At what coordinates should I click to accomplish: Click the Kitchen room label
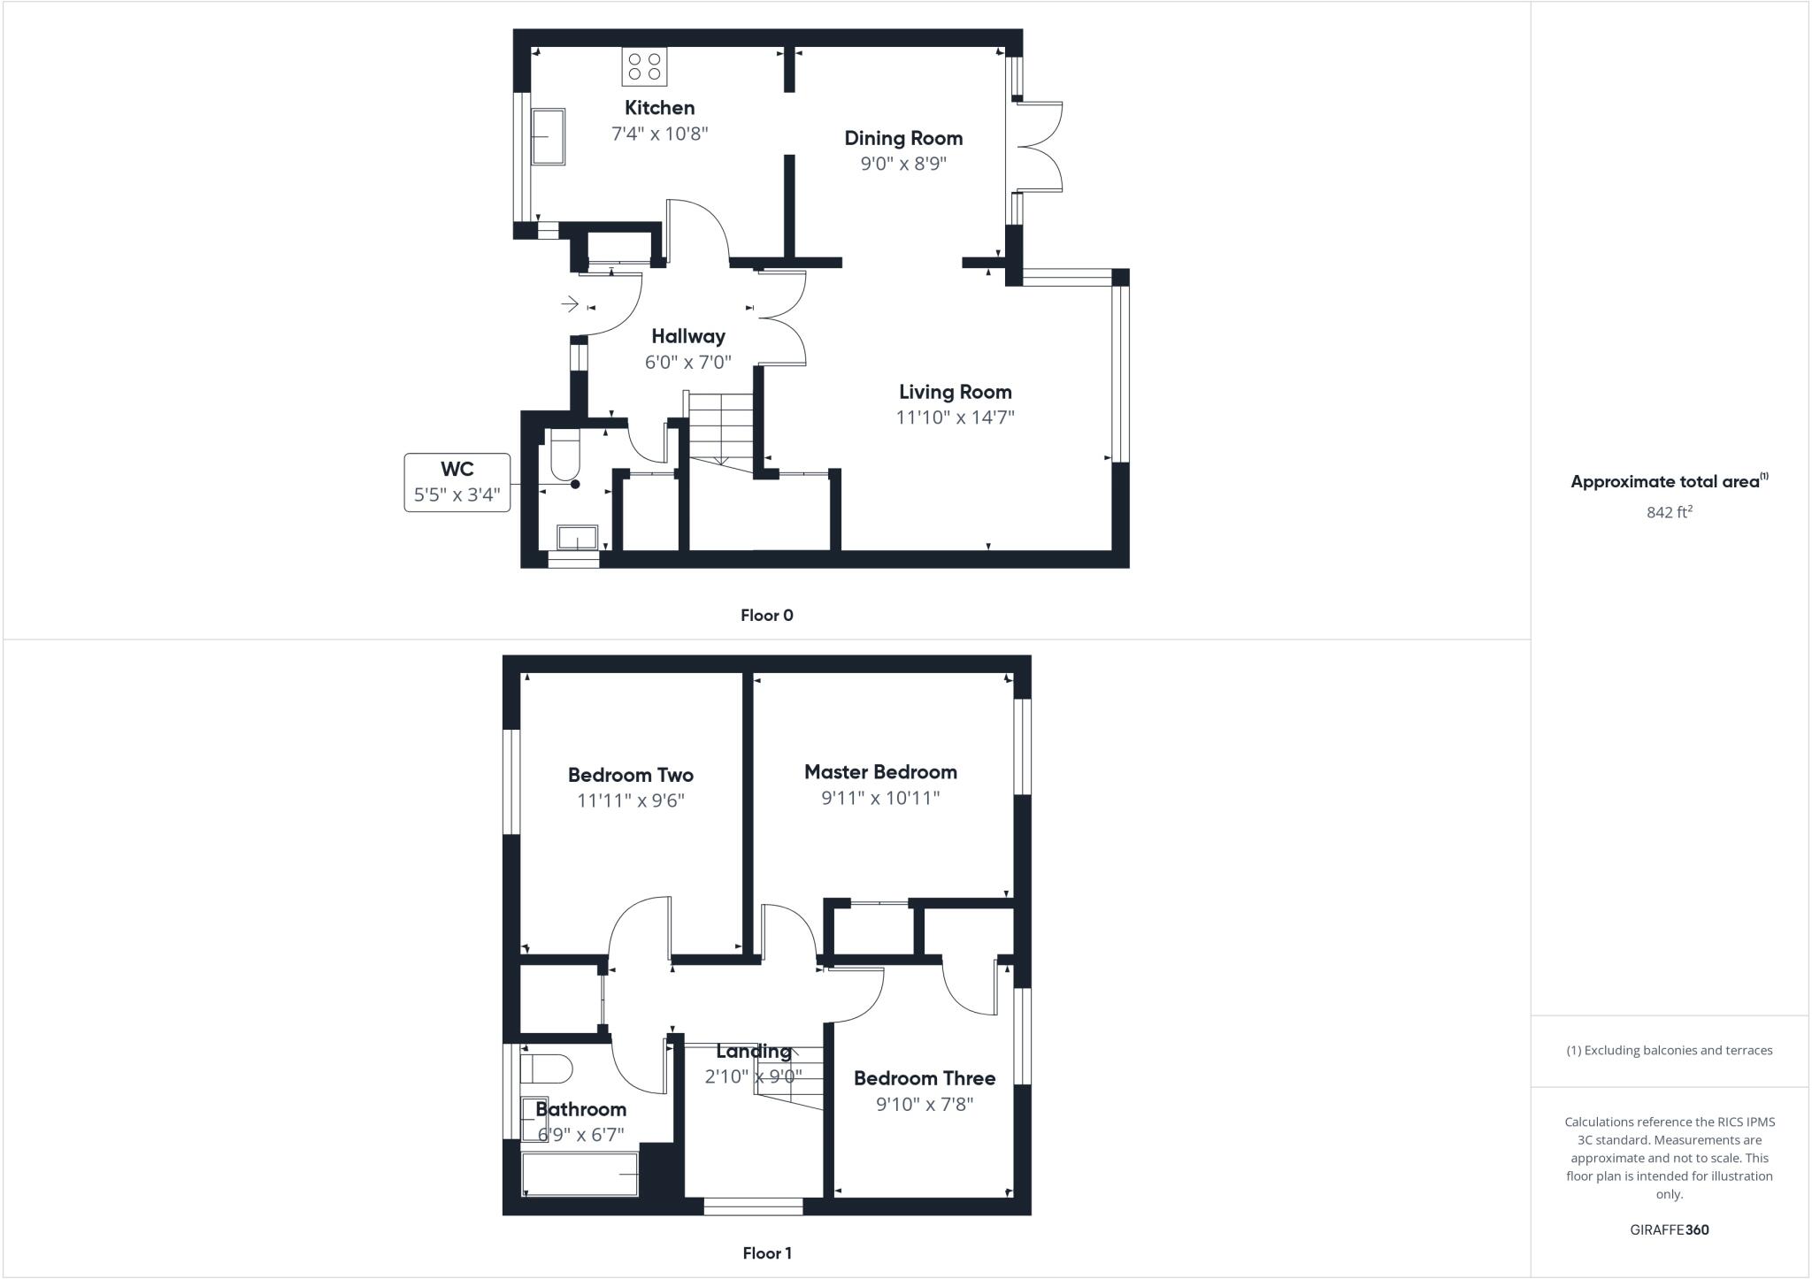(x=659, y=108)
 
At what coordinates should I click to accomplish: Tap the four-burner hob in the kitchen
(x=644, y=66)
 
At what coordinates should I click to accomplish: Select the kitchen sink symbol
(x=548, y=136)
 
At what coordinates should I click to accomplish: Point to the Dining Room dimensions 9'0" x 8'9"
(x=903, y=164)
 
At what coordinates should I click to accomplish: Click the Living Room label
(x=955, y=392)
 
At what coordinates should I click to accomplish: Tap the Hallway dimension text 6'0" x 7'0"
(x=687, y=362)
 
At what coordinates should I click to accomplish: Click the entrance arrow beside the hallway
(x=571, y=305)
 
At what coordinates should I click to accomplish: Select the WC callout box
(x=457, y=482)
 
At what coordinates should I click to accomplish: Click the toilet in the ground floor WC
(x=564, y=453)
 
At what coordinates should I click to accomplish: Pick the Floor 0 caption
(x=766, y=616)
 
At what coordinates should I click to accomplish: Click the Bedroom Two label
(x=630, y=775)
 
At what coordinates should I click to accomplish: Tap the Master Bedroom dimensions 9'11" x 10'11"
(x=880, y=798)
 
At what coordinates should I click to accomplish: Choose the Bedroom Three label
(x=925, y=1078)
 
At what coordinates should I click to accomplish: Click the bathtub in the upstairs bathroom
(x=580, y=1175)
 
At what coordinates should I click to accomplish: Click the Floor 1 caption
(x=766, y=1253)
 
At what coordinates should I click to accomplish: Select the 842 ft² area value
(x=1669, y=512)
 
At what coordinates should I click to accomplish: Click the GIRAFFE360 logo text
(x=1669, y=1229)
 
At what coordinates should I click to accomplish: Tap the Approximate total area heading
(x=1667, y=482)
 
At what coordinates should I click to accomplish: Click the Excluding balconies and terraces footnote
(x=1669, y=1051)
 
